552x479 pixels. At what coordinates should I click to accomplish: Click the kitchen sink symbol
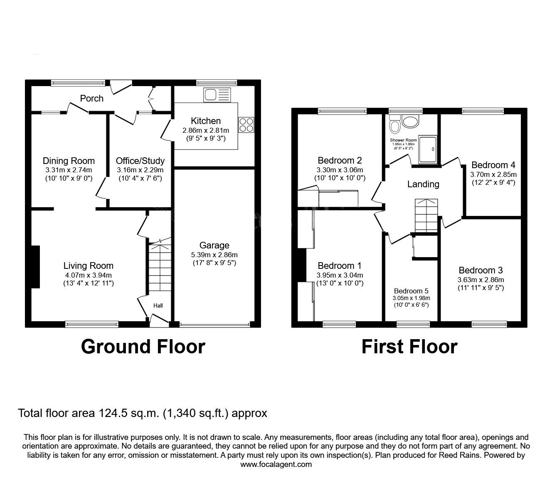pos(216,95)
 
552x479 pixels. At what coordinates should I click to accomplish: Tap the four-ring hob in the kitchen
pos(246,124)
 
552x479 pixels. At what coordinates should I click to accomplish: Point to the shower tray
pos(427,149)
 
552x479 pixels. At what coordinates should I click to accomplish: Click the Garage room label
pos(214,245)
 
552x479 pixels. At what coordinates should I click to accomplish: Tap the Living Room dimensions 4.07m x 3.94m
pos(88,275)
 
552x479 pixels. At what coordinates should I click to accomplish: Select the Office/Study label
pos(140,161)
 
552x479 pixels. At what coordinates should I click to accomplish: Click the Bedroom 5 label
pos(411,291)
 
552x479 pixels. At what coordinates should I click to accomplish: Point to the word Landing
pos(423,184)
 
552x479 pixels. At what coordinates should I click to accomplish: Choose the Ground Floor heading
pos(143,346)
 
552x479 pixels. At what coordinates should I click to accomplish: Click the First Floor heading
pos(409,346)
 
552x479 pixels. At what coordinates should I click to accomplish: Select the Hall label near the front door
pos(158,305)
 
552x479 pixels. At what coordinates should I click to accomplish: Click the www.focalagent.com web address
pos(276,464)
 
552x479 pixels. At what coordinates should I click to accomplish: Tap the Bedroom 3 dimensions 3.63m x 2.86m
pos(481,280)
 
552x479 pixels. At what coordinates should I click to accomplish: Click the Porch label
pos(91,98)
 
